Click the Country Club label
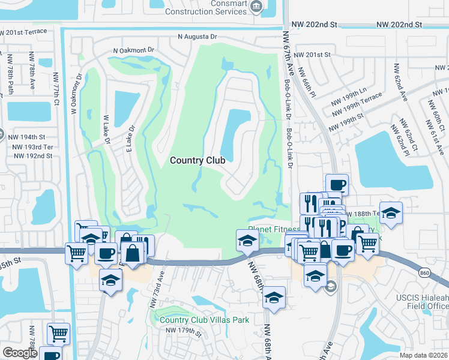coord(197,160)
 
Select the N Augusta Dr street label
coord(197,37)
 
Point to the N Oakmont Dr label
coord(134,52)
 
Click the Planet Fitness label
coord(274,230)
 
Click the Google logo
coord(19,353)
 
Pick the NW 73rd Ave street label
coord(160,285)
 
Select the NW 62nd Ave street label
coord(401,83)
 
